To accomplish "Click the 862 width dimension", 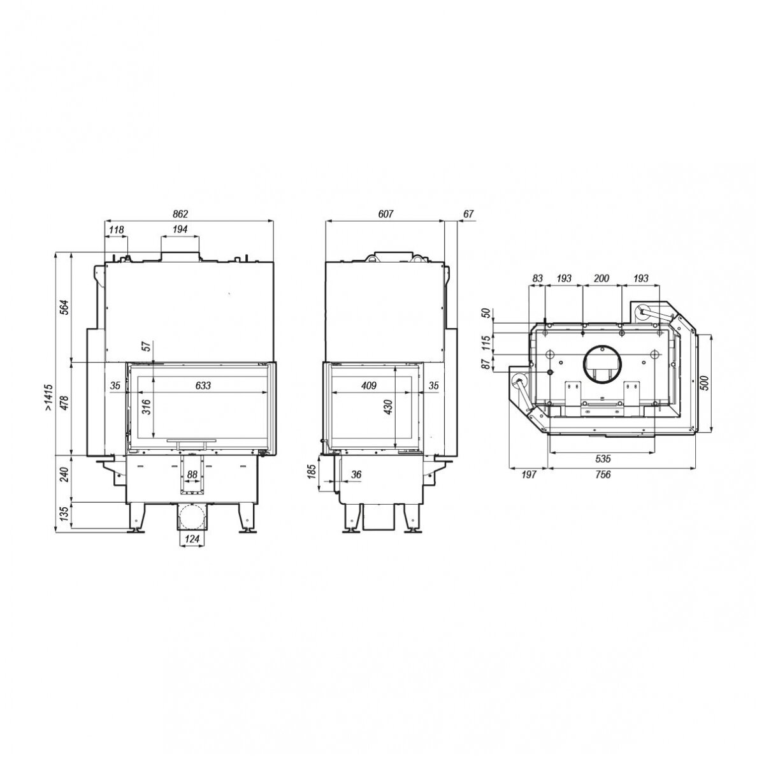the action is [x=180, y=213].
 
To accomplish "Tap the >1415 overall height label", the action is [x=49, y=398].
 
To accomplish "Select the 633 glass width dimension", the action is [x=203, y=386].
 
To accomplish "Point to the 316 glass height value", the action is [x=147, y=407].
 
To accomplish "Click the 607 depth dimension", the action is [x=386, y=213].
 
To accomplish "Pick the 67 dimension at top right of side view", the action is [x=468, y=213].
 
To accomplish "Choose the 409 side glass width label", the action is [x=368, y=386].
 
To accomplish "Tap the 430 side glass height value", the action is [x=389, y=407].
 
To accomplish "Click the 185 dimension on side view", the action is [x=312, y=472].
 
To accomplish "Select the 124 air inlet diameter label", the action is [x=192, y=538].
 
